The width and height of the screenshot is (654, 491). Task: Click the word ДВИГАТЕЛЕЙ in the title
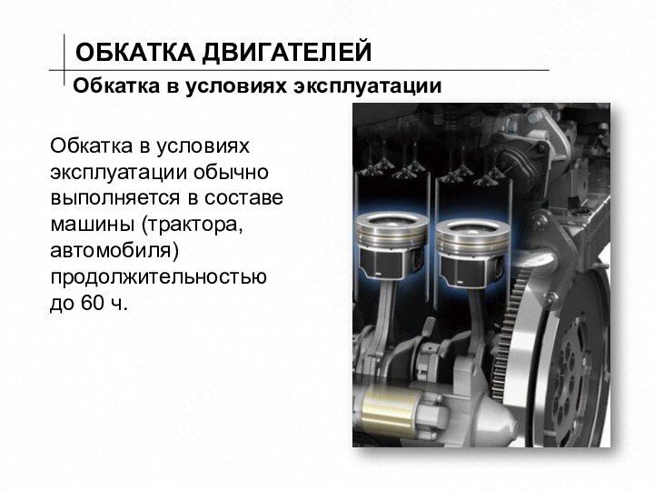point(286,52)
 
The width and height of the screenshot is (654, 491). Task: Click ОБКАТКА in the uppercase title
point(135,52)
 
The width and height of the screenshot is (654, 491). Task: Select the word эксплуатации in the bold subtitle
point(367,87)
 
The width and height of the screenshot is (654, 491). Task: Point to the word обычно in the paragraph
point(231,173)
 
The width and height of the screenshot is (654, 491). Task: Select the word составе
point(244,198)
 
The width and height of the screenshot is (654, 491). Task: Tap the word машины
point(93,225)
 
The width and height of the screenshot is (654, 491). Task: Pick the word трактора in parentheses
point(192,225)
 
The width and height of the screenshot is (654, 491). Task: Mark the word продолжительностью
point(158,277)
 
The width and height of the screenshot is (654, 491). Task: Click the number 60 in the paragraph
point(92,303)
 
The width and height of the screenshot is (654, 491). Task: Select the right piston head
point(472,238)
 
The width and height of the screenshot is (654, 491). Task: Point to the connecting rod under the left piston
point(384,309)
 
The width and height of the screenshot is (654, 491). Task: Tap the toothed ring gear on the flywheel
point(507,334)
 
